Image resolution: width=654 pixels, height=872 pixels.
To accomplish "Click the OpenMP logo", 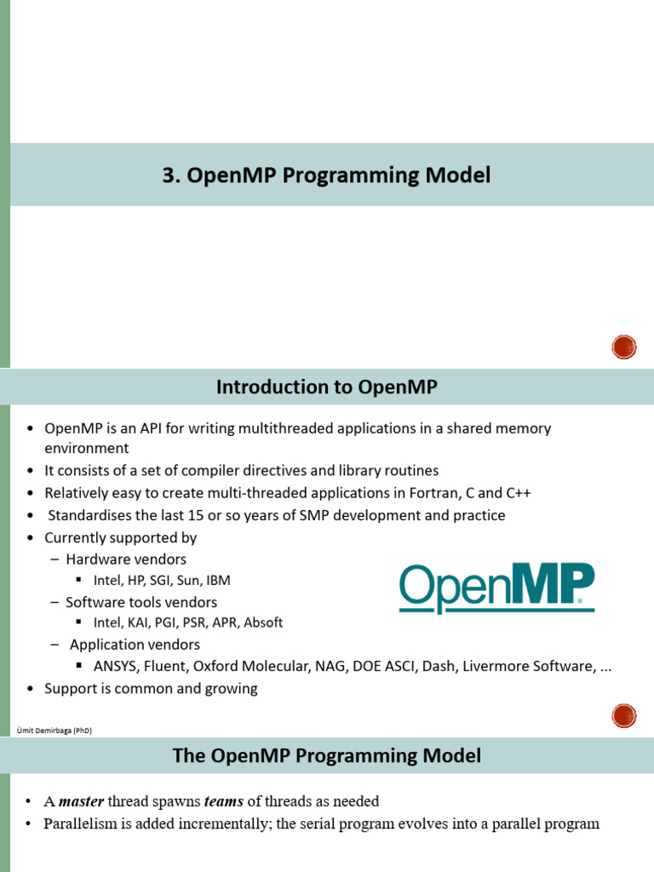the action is tap(496, 588).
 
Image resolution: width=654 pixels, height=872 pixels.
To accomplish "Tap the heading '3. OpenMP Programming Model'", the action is tap(326, 175).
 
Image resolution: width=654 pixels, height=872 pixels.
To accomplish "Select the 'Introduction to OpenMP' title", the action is tap(326, 387).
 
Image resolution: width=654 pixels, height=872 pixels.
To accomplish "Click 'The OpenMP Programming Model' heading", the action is tap(326, 756).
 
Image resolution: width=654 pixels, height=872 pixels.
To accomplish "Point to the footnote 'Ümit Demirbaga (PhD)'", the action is tap(54, 730).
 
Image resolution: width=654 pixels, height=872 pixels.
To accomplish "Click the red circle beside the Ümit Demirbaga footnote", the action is tap(623, 715).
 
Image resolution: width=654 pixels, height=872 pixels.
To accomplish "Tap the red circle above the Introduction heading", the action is tap(623, 347).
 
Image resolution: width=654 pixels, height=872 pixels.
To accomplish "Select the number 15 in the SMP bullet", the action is tap(196, 515).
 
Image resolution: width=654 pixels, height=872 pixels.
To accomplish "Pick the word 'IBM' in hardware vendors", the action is tap(218, 581).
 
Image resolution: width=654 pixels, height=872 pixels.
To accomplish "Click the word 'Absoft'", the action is tap(263, 622).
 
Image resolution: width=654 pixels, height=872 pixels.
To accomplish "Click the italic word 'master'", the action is tap(81, 801).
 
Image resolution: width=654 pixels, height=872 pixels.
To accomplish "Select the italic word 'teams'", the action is tap(224, 801).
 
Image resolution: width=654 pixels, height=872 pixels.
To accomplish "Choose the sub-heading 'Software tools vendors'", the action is tap(141, 602).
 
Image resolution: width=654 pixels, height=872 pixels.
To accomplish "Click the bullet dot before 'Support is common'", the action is tap(31, 689).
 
